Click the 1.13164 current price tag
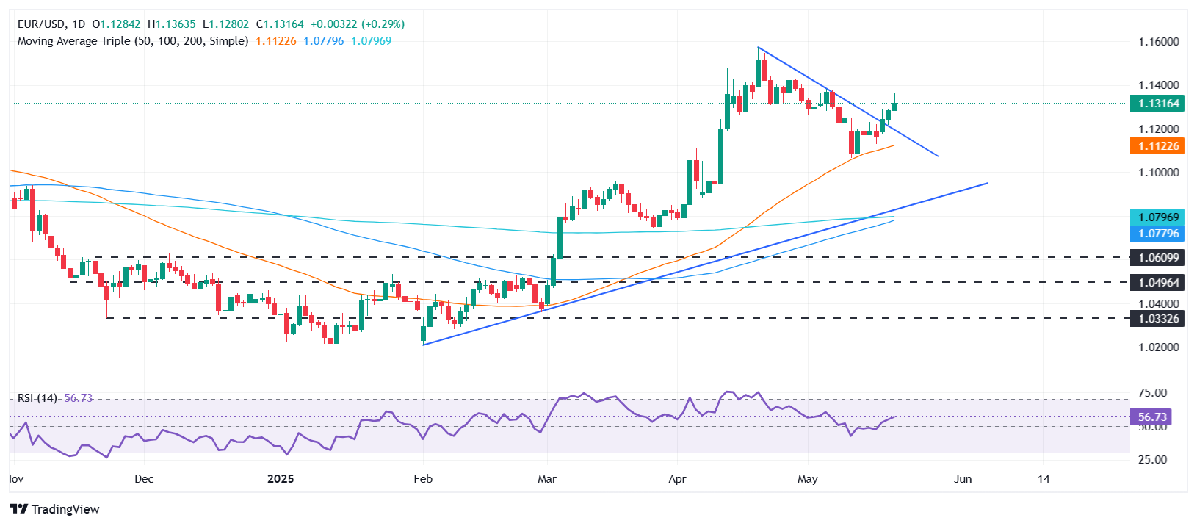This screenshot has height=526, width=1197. coord(1158,104)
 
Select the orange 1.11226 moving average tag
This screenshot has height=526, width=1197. coord(1158,146)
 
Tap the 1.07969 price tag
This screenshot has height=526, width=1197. coord(1158,217)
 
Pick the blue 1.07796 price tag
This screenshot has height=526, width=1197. coord(1158,234)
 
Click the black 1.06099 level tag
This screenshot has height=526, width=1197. coord(1158,258)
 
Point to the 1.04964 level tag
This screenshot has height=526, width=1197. coord(1158,282)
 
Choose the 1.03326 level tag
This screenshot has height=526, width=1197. coord(1158,319)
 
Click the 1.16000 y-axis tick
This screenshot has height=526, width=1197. coord(1158,42)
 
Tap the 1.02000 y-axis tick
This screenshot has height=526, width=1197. coord(1158,347)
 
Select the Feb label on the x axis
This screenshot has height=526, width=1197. coord(423,479)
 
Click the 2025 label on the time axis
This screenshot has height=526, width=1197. coord(281,479)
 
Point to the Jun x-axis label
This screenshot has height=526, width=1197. coord(962,479)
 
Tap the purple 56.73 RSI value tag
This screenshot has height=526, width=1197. coord(1151,417)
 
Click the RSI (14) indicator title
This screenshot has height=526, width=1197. coord(37,398)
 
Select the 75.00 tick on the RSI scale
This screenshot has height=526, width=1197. coord(1151,393)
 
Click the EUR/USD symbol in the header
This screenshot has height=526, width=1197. coord(41,24)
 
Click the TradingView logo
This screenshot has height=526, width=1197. coord(55,509)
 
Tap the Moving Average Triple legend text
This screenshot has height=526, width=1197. coord(133,41)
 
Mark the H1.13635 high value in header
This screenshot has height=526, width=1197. coord(172,24)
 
